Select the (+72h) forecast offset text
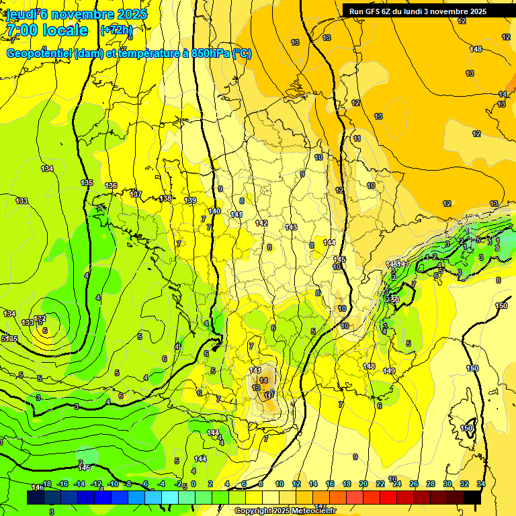[116, 30]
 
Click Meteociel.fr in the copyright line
[313, 511]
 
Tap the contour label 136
[111, 186]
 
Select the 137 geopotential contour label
[136, 194]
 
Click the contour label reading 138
[166, 199]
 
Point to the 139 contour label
[190, 201]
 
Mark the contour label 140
[214, 211]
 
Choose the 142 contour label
[261, 223]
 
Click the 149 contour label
[389, 371]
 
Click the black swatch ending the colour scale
[472, 497]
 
